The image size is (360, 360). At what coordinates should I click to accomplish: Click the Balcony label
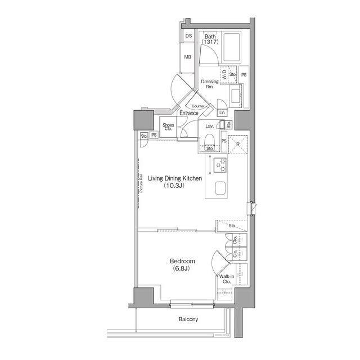pyautogui.click(x=188, y=319)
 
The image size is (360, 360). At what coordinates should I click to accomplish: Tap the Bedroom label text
pyautogui.click(x=182, y=262)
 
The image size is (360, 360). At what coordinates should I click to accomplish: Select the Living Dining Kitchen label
pyautogui.click(x=175, y=178)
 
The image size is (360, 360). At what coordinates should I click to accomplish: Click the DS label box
pyautogui.click(x=188, y=36)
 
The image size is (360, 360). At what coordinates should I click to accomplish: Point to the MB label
pyautogui.click(x=188, y=57)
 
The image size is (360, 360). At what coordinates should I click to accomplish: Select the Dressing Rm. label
pyautogui.click(x=210, y=84)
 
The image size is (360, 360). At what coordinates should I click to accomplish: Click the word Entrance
pyautogui.click(x=188, y=113)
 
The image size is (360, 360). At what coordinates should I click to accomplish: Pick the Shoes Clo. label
pyautogui.click(x=168, y=127)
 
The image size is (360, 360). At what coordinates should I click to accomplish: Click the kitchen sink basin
pyautogui.click(x=220, y=189)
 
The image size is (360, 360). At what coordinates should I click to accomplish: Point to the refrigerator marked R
pyautogui.click(x=238, y=144)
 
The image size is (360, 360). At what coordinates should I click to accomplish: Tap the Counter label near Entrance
pyautogui.click(x=197, y=106)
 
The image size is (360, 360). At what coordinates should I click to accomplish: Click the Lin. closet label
pyautogui.click(x=222, y=113)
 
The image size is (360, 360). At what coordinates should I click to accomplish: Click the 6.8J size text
pyautogui.click(x=182, y=269)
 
